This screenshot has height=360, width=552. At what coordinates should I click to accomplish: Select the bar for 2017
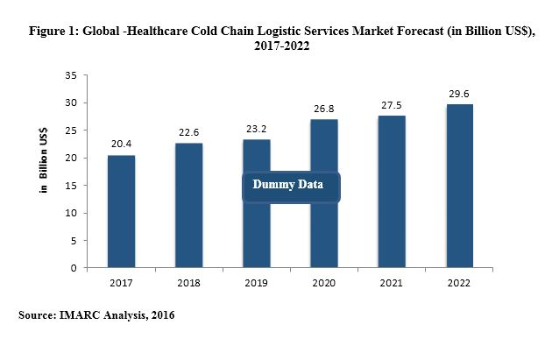(122, 211)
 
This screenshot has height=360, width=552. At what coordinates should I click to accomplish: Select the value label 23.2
(256, 130)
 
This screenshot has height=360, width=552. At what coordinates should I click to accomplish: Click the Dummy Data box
(289, 185)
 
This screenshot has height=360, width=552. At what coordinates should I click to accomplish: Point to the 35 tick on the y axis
(69, 75)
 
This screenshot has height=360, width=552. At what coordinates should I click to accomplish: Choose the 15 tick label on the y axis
(69, 186)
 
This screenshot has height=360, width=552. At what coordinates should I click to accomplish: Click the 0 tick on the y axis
(72, 268)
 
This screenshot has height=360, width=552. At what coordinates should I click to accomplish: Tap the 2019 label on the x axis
(256, 284)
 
